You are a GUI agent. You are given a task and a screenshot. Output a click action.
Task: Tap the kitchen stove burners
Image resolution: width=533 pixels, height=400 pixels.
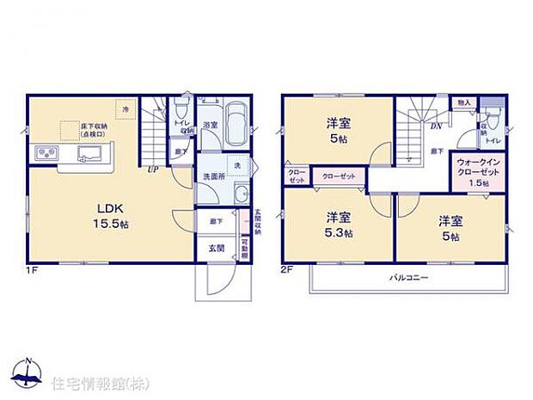[x=46, y=155]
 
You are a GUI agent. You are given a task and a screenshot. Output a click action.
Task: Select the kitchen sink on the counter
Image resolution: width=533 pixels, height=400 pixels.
[x=89, y=155]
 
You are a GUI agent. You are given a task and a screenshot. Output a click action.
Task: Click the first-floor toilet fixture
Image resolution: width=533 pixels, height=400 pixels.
[x=179, y=110]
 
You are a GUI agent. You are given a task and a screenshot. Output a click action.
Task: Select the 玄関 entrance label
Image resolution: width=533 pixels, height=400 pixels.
[x=216, y=249]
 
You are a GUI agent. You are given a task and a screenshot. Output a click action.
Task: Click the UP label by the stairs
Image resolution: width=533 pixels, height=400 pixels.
[x=153, y=169]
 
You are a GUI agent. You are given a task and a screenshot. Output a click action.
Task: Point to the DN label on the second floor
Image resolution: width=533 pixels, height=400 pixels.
[x=437, y=126]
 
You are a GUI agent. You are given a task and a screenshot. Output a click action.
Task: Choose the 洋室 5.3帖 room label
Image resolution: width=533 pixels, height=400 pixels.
[x=337, y=222]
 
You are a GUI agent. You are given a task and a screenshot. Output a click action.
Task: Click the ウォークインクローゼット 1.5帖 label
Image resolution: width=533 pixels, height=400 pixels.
[x=474, y=171]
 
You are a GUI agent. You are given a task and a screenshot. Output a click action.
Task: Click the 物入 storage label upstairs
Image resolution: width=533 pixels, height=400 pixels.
[x=464, y=102]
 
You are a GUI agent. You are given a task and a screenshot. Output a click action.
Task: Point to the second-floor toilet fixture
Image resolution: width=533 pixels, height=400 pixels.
[x=493, y=121]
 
